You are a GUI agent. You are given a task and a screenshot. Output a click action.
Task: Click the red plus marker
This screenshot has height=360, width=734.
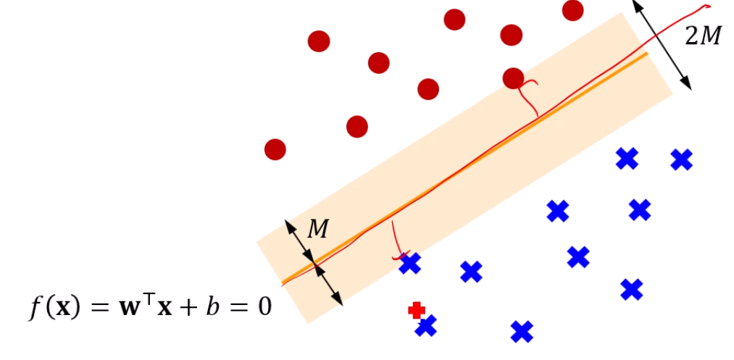pos(416,310)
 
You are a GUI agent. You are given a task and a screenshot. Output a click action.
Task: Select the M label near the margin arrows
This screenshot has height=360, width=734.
pos(317,230)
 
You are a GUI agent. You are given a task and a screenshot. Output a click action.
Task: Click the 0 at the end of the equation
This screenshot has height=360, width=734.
pos(264,307)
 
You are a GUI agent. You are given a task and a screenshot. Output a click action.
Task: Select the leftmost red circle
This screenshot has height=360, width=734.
pos(275,149)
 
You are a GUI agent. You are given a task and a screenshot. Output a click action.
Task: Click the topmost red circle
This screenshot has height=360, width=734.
pos(572,10)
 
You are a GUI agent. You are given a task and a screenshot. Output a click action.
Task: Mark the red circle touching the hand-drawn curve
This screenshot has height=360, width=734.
pos(513,78)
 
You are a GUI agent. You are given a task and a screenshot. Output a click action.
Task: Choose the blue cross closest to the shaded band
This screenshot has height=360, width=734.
pos(410,264)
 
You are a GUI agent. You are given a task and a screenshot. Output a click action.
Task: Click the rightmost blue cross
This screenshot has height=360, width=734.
pos(681,159)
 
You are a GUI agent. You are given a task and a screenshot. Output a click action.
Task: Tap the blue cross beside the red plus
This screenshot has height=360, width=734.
pos(426,326)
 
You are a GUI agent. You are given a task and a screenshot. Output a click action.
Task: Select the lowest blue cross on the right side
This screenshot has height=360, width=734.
pos(632,289)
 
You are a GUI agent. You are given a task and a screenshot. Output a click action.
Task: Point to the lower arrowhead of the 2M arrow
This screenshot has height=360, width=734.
pos(687,85)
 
